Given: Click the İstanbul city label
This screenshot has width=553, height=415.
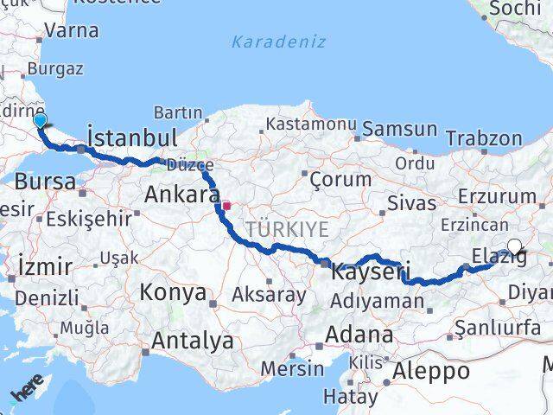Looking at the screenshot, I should (x=132, y=137).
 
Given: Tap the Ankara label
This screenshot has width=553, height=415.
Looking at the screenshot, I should (x=181, y=194).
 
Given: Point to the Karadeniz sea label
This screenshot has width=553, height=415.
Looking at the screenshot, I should (x=278, y=41).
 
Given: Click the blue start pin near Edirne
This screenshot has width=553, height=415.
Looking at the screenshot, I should (x=40, y=122).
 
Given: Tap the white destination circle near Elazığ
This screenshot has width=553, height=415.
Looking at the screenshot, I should (x=515, y=247).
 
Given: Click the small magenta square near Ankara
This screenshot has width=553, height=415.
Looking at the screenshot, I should (x=226, y=206).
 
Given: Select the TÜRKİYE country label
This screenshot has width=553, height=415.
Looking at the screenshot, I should (x=287, y=229).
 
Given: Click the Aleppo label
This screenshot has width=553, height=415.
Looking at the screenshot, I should (x=432, y=371).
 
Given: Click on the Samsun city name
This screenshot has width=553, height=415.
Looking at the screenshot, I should (x=399, y=129).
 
